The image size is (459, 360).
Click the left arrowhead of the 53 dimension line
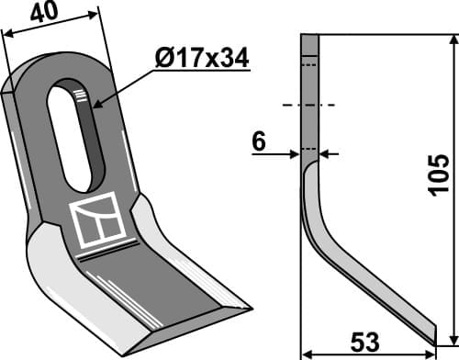308,350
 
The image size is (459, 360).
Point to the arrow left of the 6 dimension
295,153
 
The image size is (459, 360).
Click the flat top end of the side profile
309,36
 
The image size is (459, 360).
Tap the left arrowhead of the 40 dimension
7,34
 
